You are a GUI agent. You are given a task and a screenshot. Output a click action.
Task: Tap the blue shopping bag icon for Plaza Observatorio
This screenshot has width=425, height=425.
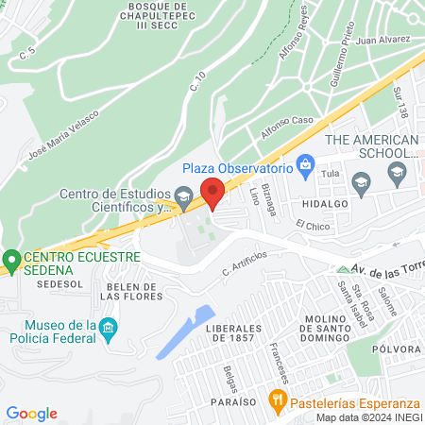click(305, 167)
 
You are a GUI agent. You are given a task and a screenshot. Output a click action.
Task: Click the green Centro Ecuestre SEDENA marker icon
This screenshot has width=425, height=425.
click(11, 258)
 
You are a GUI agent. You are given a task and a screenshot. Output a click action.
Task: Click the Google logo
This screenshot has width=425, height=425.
click(31, 414)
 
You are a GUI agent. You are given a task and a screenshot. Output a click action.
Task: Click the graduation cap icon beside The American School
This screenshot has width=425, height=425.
click(397, 172)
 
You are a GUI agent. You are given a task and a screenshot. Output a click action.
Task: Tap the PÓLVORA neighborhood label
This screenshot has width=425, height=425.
click(397, 348)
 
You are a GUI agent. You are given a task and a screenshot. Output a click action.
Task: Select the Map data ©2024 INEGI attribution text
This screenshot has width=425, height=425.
click(368, 417)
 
